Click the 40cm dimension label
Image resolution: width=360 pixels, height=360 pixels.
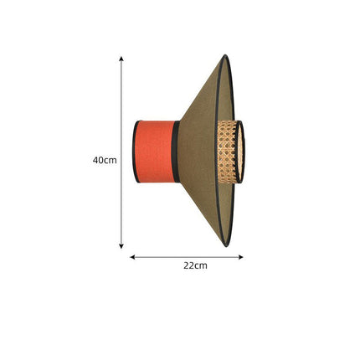click(105, 160)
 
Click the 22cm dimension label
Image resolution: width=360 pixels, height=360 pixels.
click(195, 265)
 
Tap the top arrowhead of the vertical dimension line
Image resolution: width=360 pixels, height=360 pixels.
click(121, 59)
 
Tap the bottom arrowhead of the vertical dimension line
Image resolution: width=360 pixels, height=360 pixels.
click(121, 246)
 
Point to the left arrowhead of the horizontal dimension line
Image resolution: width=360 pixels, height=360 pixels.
click(132, 257)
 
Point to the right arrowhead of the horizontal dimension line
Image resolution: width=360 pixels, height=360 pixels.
click(241, 257)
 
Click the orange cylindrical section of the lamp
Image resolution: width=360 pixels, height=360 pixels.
click(155, 152)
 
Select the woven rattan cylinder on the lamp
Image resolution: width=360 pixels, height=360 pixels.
click(227, 152)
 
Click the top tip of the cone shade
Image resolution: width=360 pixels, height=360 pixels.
click(225, 55)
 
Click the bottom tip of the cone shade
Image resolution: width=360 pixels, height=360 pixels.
click(227, 246)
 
